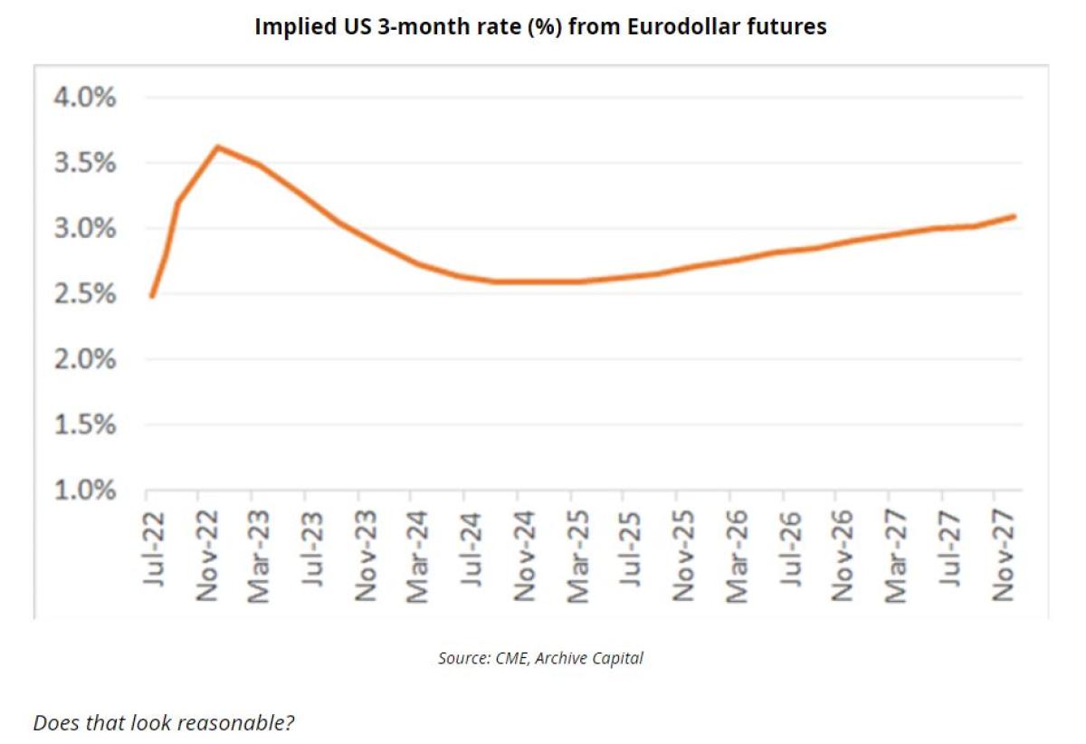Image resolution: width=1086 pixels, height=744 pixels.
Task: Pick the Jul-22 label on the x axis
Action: (x=155, y=548)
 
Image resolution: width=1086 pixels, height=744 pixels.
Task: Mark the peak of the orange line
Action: (x=218, y=147)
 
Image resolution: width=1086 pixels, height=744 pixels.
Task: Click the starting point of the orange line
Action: (x=151, y=296)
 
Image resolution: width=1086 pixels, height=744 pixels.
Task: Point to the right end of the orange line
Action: (x=1015, y=216)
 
